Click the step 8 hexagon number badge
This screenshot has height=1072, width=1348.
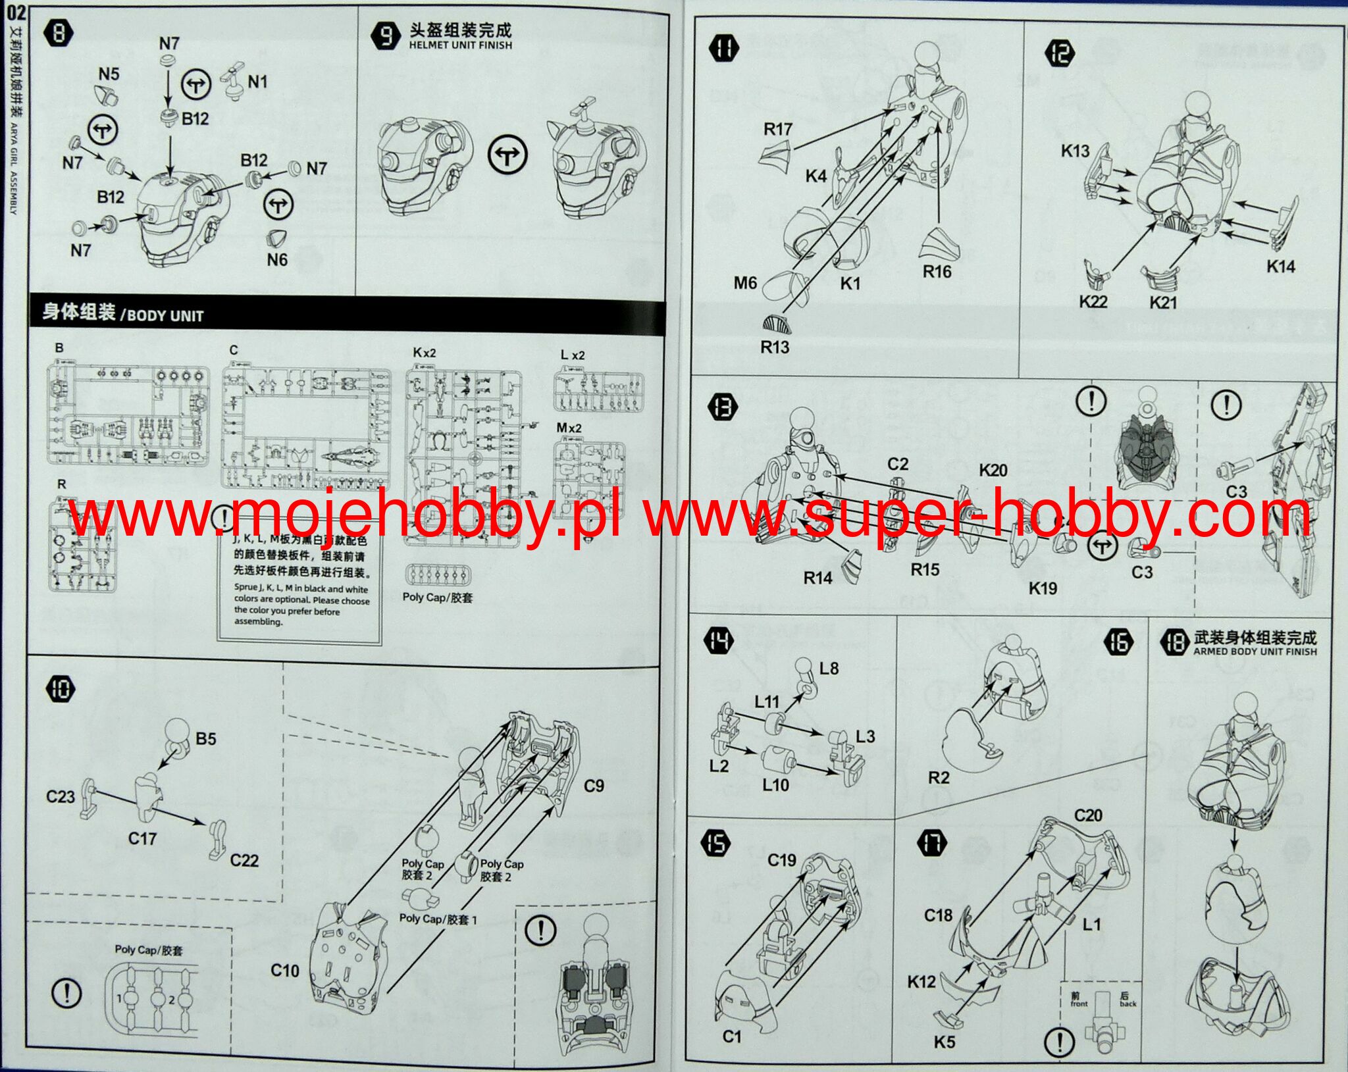pyautogui.click(x=58, y=34)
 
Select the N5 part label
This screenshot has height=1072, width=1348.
pyautogui.click(x=109, y=74)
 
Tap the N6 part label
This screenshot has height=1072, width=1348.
pyautogui.click(x=277, y=260)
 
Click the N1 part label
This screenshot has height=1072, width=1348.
pyautogui.click(x=257, y=82)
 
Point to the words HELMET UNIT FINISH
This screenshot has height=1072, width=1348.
pyautogui.click(x=460, y=45)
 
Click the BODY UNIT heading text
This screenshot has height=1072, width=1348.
pyautogui.click(x=165, y=315)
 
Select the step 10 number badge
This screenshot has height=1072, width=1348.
pyautogui.click(x=61, y=689)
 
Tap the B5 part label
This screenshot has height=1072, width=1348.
pyautogui.click(x=206, y=739)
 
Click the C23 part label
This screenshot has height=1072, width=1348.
pyautogui.click(x=60, y=797)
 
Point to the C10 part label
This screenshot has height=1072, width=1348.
pyautogui.click(x=285, y=970)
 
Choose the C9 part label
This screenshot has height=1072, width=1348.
pyautogui.click(x=594, y=786)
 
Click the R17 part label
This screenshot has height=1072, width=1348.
pyautogui.click(x=777, y=129)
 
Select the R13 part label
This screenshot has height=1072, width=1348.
pyautogui.click(x=775, y=347)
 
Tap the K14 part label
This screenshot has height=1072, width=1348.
pyautogui.click(x=1280, y=267)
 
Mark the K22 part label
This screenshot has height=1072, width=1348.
pyautogui.click(x=1093, y=301)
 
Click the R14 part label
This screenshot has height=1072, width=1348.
pyautogui.click(x=817, y=578)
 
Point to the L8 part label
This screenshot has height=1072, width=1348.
pyautogui.click(x=829, y=669)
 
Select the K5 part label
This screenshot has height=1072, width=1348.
pyautogui.click(x=944, y=1042)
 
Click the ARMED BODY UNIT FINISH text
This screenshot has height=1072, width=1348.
pyautogui.click(x=1255, y=651)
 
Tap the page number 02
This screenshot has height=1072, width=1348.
pyautogui.click(x=15, y=12)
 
